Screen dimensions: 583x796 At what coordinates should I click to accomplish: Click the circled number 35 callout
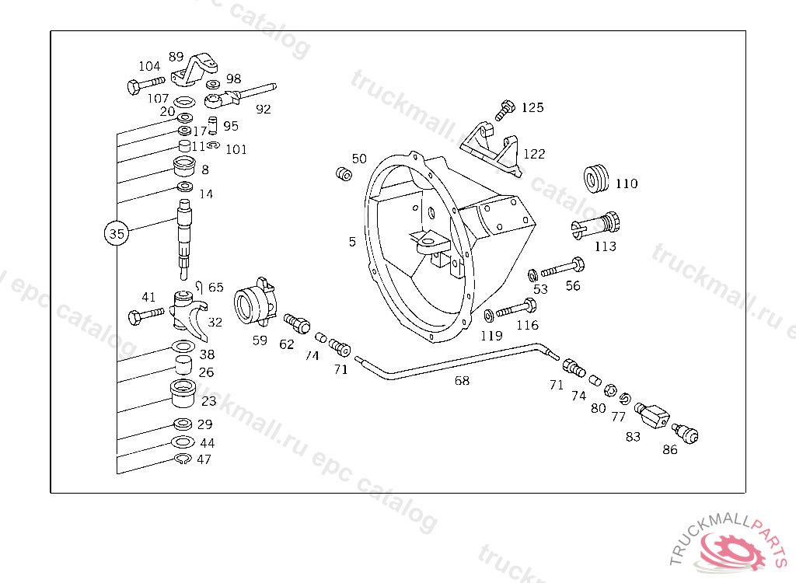(x=116, y=233)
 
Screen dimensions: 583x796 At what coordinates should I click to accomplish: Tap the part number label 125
(x=532, y=108)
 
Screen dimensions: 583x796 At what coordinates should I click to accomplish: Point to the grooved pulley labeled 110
(x=597, y=178)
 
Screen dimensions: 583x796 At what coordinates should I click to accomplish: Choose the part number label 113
(x=605, y=246)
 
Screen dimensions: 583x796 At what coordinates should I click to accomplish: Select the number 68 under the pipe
(x=462, y=381)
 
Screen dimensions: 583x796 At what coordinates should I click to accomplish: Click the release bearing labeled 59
(x=256, y=303)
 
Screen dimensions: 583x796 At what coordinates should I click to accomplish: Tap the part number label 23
(x=209, y=401)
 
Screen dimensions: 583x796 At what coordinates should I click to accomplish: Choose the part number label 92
(x=264, y=110)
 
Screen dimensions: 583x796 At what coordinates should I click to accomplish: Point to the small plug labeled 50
(x=341, y=173)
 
